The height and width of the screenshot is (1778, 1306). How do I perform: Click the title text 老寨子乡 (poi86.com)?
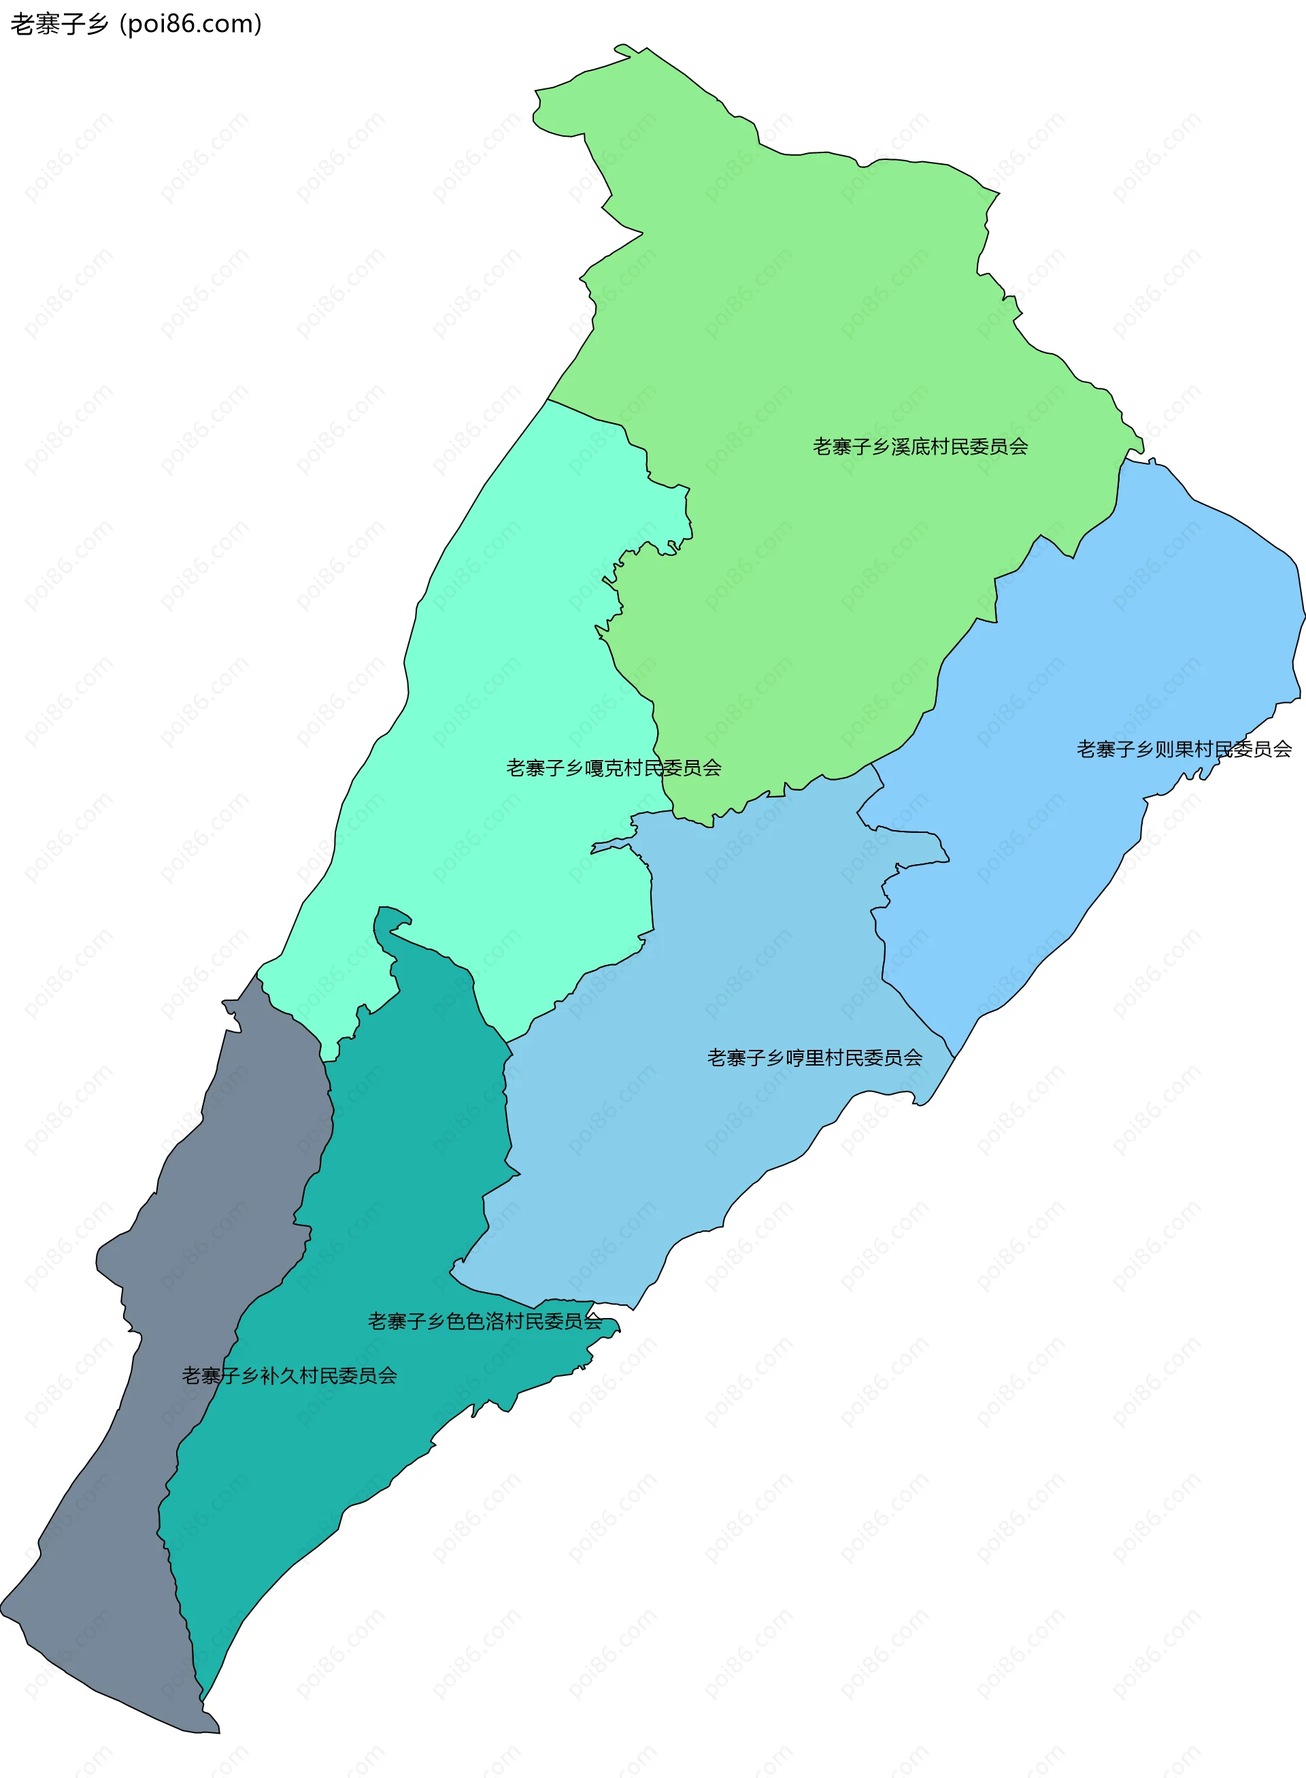point(135,24)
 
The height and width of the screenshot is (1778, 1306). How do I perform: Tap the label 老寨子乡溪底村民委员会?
point(920,447)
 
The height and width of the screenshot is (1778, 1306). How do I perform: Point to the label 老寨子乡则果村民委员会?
point(1184,749)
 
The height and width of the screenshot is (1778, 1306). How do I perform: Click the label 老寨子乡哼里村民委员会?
point(814,1057)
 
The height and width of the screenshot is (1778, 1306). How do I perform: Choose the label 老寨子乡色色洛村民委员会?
point(484,1321)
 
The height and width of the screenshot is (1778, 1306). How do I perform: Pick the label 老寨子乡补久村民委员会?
point(289,1375)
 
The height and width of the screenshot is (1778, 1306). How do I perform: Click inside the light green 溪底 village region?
point(790,316)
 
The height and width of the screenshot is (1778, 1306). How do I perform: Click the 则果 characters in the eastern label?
point(1174,749)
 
